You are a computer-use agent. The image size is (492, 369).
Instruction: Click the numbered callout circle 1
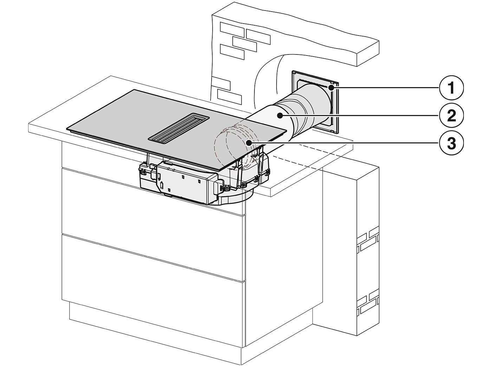451,88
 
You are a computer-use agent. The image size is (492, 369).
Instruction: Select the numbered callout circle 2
451,116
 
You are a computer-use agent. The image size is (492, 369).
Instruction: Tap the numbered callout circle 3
451,143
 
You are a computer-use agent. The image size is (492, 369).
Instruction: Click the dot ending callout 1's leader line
331,88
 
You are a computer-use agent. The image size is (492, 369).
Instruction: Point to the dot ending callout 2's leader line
279,116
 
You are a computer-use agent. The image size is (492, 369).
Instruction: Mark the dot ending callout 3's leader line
248,142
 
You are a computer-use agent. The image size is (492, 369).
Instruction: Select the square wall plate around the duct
315,102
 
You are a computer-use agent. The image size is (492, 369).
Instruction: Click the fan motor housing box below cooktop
184,181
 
